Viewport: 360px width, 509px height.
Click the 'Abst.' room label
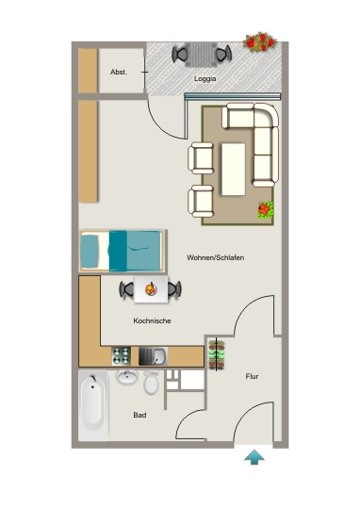(x=119, y=72)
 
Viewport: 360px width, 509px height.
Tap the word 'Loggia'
(x=205, y=79)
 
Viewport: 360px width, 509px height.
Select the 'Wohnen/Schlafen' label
(x=215, y=257)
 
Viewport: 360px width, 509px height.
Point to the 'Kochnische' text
(x=152, y=320)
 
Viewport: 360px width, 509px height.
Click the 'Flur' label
(x=252, y=376)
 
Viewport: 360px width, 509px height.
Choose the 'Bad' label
(x=139, y=415)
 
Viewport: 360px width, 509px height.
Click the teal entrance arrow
(x=254, y=457)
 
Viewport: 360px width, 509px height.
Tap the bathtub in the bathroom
(x=93, y=405)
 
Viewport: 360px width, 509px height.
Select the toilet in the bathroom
(x=152, y=383)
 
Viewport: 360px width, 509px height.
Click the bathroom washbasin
(x=127, y=377)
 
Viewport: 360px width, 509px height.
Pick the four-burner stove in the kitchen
(x=122, y=356)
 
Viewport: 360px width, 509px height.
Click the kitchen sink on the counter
(x=154, y=356)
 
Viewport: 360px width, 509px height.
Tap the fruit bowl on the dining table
(x=151, y=288)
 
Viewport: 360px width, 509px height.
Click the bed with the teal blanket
(x=122, y=251)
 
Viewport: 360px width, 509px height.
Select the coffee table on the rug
(x=234, y=169)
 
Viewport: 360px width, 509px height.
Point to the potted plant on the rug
(x=266, y=209)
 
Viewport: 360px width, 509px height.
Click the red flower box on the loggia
(x=260, y=41)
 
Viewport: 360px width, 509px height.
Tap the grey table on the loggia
(x=202, y=55)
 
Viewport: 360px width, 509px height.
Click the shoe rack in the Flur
(x=217, y=354)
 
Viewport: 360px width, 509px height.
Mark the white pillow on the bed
(x=90, y=251)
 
